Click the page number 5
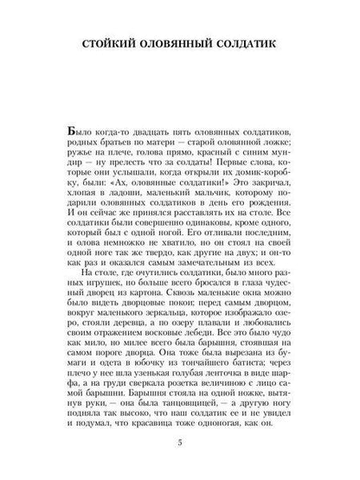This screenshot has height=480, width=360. click(179, 443)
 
